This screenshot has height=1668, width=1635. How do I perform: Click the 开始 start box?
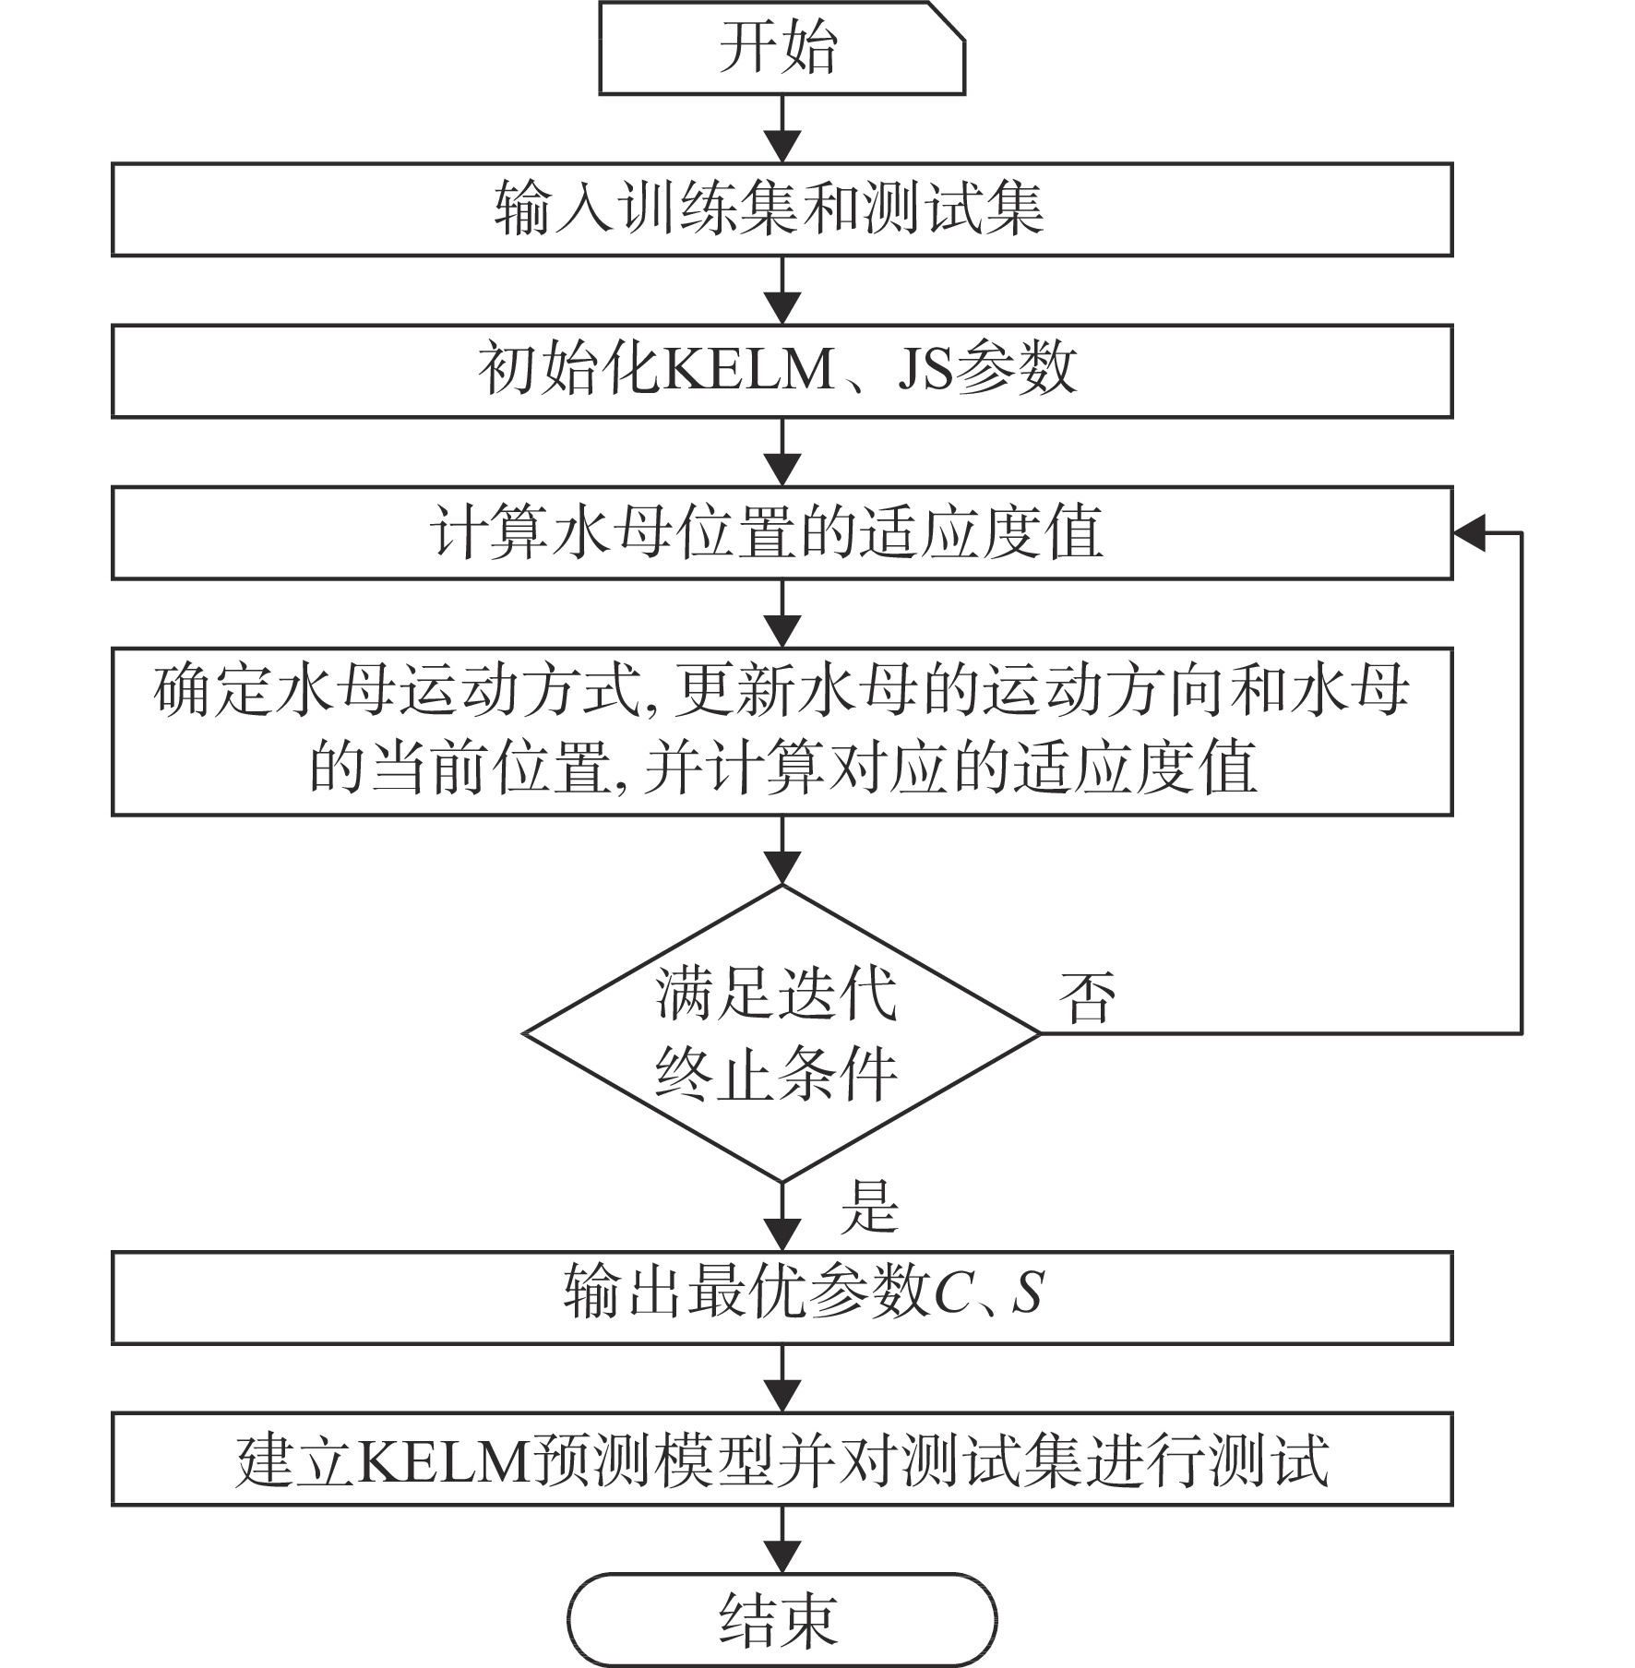click(782, 48)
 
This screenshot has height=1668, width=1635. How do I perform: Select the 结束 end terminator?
click(782, 1620)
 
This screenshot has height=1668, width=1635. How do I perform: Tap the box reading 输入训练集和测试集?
click(782, 209)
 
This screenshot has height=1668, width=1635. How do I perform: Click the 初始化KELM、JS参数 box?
click(782, 371)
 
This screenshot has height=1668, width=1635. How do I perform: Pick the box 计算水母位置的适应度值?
click(782, 533)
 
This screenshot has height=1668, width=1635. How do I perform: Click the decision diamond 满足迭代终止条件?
click(782, 1033)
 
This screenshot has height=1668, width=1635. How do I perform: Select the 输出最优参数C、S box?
click(782, 1298)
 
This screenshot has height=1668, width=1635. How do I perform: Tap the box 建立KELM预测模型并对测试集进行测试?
click(782, 1459)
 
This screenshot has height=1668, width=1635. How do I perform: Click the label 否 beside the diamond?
click(1087, 996)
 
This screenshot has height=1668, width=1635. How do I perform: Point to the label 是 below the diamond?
click(868, 1207)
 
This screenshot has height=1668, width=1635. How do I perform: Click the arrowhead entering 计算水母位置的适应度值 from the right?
click(1469, 533)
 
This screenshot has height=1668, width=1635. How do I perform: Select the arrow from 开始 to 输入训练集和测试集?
click(782, 129)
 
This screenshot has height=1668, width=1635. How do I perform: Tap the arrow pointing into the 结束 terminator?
click(782, 1540)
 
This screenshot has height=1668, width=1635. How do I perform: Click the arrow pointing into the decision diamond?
click(782, 851)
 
